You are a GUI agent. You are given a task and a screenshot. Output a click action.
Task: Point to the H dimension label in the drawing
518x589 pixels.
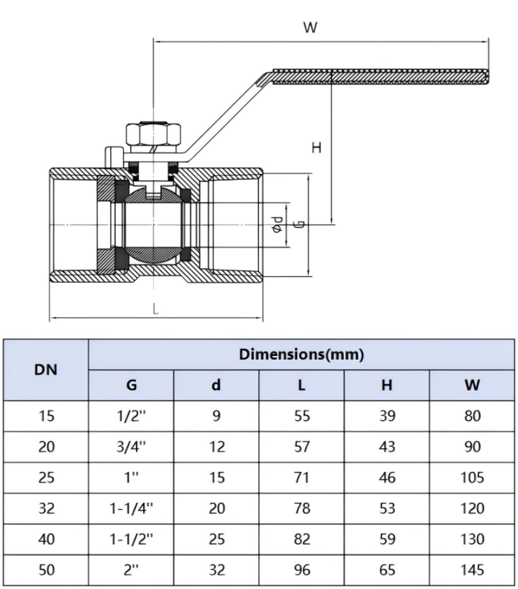pos(317,148)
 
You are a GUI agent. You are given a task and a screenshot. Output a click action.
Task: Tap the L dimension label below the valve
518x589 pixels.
pos(156,309)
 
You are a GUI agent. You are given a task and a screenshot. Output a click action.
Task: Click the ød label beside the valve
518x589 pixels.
pos(277,224)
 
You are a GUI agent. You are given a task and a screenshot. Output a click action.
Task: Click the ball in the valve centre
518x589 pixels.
pos(153,223)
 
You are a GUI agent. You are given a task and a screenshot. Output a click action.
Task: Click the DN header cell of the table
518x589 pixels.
pos(46,370)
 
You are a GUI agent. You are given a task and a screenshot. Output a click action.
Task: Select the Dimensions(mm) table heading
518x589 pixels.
pos(301,355)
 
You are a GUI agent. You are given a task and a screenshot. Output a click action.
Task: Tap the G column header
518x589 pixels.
pos(131,386)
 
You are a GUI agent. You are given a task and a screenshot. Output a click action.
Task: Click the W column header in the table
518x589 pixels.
pos(473,386)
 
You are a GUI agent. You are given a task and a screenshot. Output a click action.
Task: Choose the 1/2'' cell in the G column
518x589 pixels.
pos(131,416)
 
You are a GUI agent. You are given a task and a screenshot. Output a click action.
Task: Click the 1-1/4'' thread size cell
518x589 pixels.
pos(131,509)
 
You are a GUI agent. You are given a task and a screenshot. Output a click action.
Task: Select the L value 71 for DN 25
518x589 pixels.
pos(302,478)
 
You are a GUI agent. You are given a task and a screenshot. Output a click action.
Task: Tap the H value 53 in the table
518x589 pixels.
pos(387,509)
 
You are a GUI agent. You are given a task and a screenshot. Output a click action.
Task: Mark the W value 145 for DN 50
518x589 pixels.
pos(473,570)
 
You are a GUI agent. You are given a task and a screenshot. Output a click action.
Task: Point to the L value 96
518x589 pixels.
pos(302,570)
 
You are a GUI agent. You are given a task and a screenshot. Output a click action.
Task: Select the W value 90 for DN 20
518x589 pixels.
pos(473,447)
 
